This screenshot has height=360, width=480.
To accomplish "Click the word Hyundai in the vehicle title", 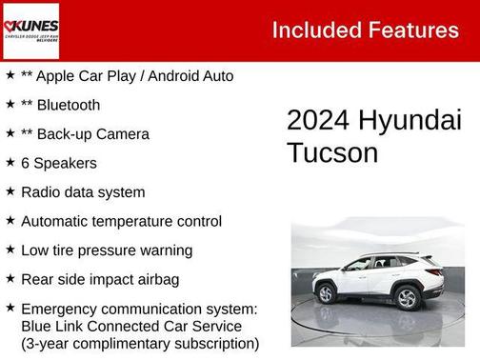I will [x=410, y=121].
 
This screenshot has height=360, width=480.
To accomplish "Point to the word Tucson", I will [x=332, y=152].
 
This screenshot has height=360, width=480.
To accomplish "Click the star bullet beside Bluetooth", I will [x=10, y=104].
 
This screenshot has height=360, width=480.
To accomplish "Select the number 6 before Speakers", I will [x=26, y=163].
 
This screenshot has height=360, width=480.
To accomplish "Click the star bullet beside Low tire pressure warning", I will [x=10, y=250].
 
